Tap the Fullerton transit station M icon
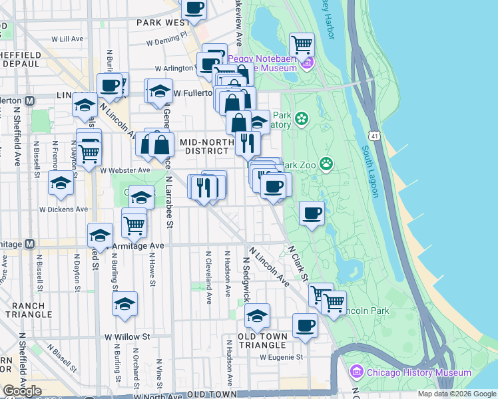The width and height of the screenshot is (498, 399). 29,100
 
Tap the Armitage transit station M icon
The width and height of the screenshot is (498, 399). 29,244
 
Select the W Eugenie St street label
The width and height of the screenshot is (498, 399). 282,357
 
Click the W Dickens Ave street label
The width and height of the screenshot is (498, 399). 63,209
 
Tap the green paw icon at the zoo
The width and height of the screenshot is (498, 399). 326,163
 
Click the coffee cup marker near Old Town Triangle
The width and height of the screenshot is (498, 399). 305,325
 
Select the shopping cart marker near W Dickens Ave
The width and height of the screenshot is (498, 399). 134,224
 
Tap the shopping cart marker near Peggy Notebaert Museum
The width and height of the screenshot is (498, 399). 302,45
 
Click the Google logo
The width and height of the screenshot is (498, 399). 22,391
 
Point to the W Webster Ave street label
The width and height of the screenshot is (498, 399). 126,170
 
